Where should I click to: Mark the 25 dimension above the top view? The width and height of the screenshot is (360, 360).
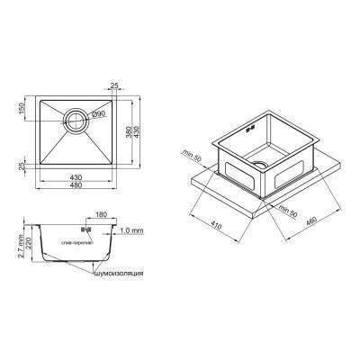pyautogui.click(x=115, y=86)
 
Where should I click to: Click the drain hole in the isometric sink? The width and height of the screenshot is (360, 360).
pyautogui.click(x=260, y=165)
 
